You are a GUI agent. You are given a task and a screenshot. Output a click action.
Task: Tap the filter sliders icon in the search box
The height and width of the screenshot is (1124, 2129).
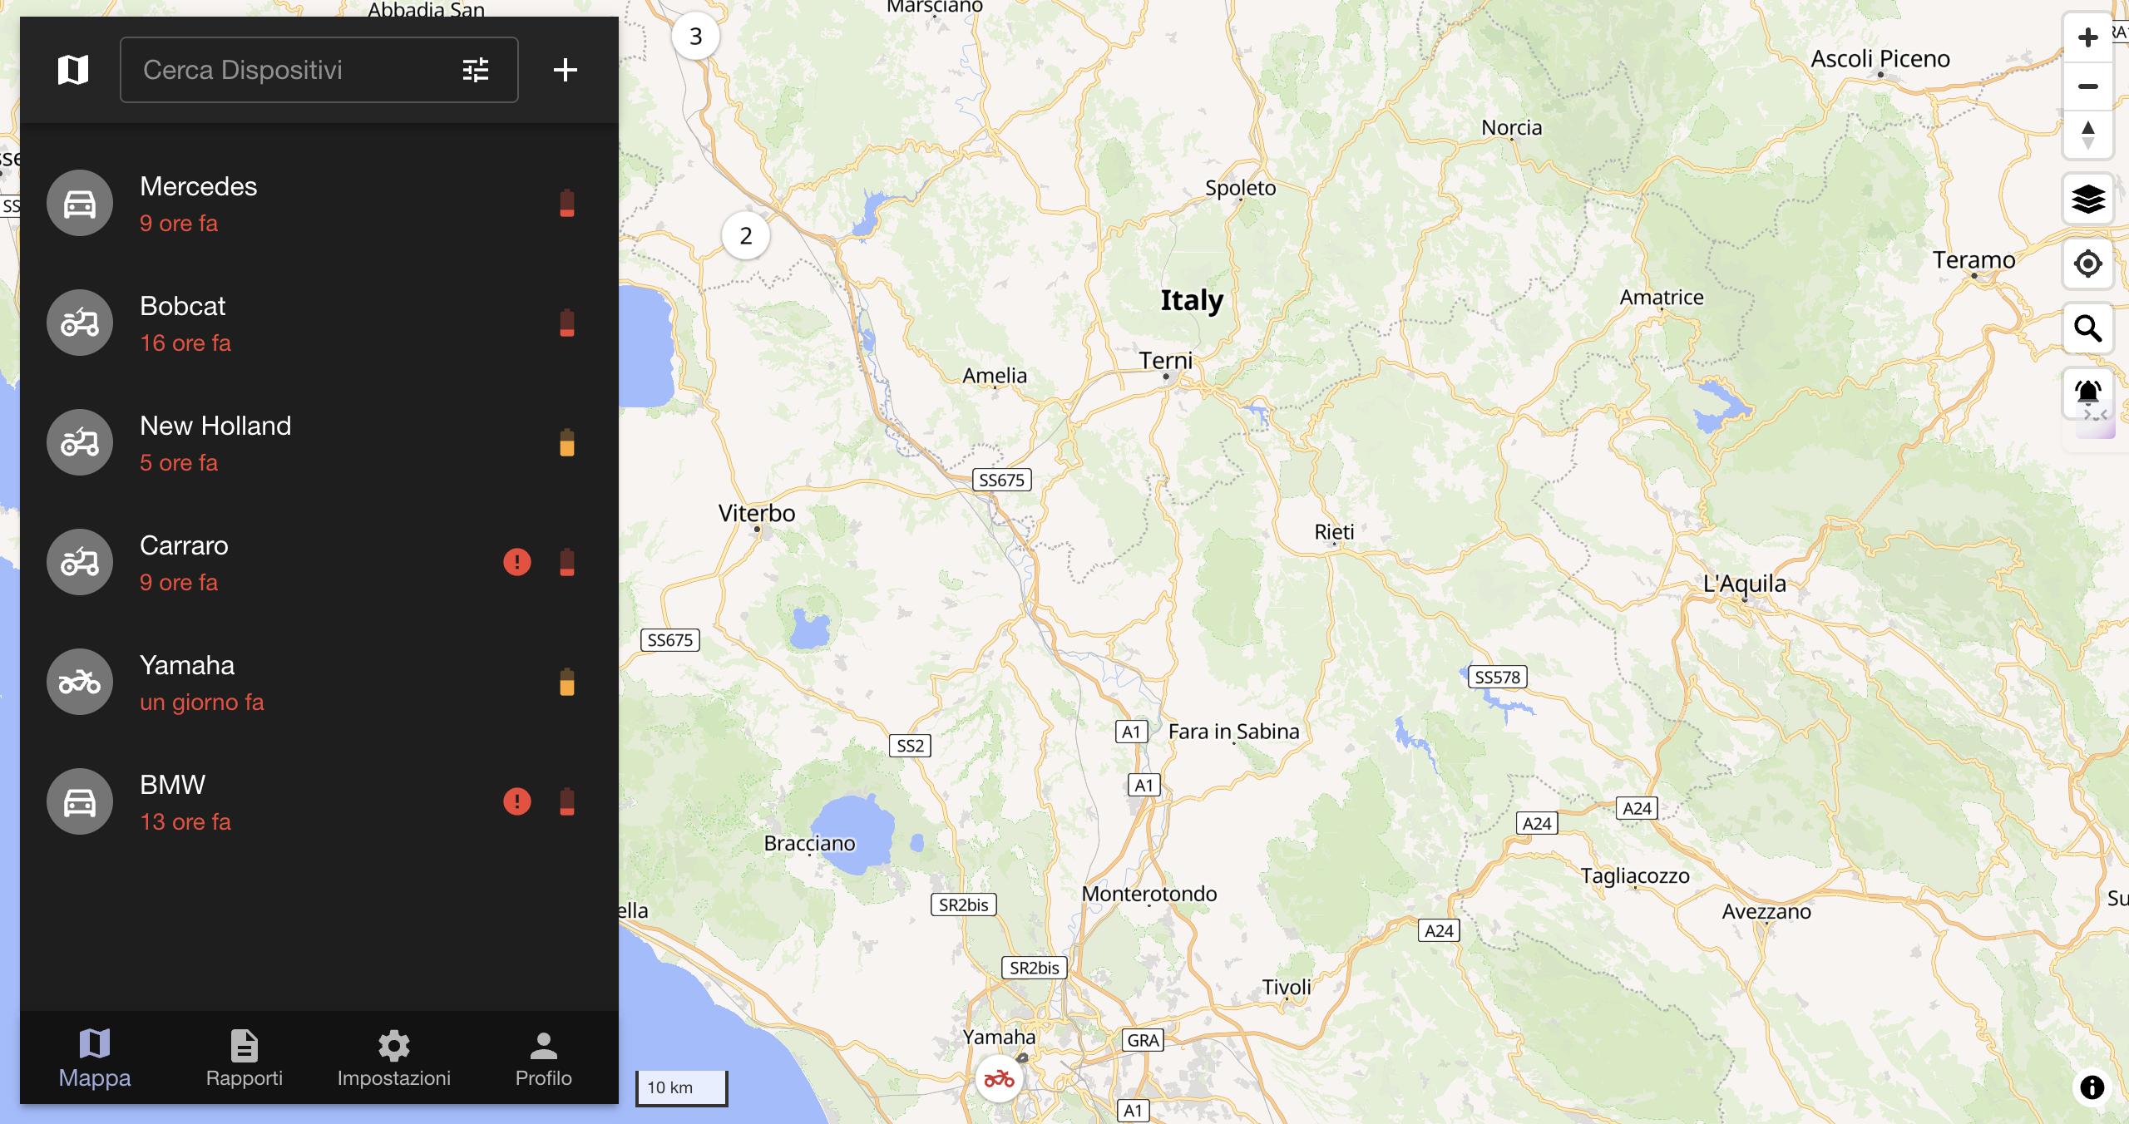click(x=476, y=70)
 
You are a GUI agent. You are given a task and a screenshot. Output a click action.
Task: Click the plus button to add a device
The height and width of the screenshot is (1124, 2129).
click(x=566, y=70)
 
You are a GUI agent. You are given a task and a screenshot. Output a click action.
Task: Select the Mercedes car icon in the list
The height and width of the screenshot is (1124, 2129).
click(x=80, y=203)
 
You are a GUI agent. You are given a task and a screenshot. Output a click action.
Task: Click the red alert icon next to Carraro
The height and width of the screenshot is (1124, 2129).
click(x=517, y=562)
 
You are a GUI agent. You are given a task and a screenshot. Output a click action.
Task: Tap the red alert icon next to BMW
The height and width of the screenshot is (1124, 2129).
click(x=517, y=801)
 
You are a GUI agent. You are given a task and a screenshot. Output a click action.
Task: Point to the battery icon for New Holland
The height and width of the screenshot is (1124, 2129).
click(x=567, y=442)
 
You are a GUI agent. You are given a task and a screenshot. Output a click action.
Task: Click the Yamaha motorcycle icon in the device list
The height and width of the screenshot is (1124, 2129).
click(x=80, y=682)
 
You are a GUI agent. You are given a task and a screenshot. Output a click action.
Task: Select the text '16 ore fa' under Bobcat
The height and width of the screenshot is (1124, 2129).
click(x=185, y=343)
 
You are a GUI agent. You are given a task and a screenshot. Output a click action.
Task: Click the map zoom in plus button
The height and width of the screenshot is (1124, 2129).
click(x=2087, y=37)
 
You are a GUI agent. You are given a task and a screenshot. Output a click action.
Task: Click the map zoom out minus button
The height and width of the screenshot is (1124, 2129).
click(x=2087, y=86)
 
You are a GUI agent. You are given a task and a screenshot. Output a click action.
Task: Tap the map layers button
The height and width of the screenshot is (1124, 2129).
click(x=2087, y=200)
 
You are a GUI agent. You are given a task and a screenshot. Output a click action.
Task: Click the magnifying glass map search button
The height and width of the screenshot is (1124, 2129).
click(x=2087, y=328)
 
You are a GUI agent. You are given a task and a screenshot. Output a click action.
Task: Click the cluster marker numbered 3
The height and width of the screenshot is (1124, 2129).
click(x=696, y=37)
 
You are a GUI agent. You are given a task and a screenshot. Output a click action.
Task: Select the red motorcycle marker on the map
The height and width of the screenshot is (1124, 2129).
click(x=999, y=1079)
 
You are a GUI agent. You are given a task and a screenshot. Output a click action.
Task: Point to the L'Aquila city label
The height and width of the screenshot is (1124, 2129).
click(x=1744, y=584)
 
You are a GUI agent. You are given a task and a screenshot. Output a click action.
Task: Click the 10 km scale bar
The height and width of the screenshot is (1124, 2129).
click(x=681, y=1087)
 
